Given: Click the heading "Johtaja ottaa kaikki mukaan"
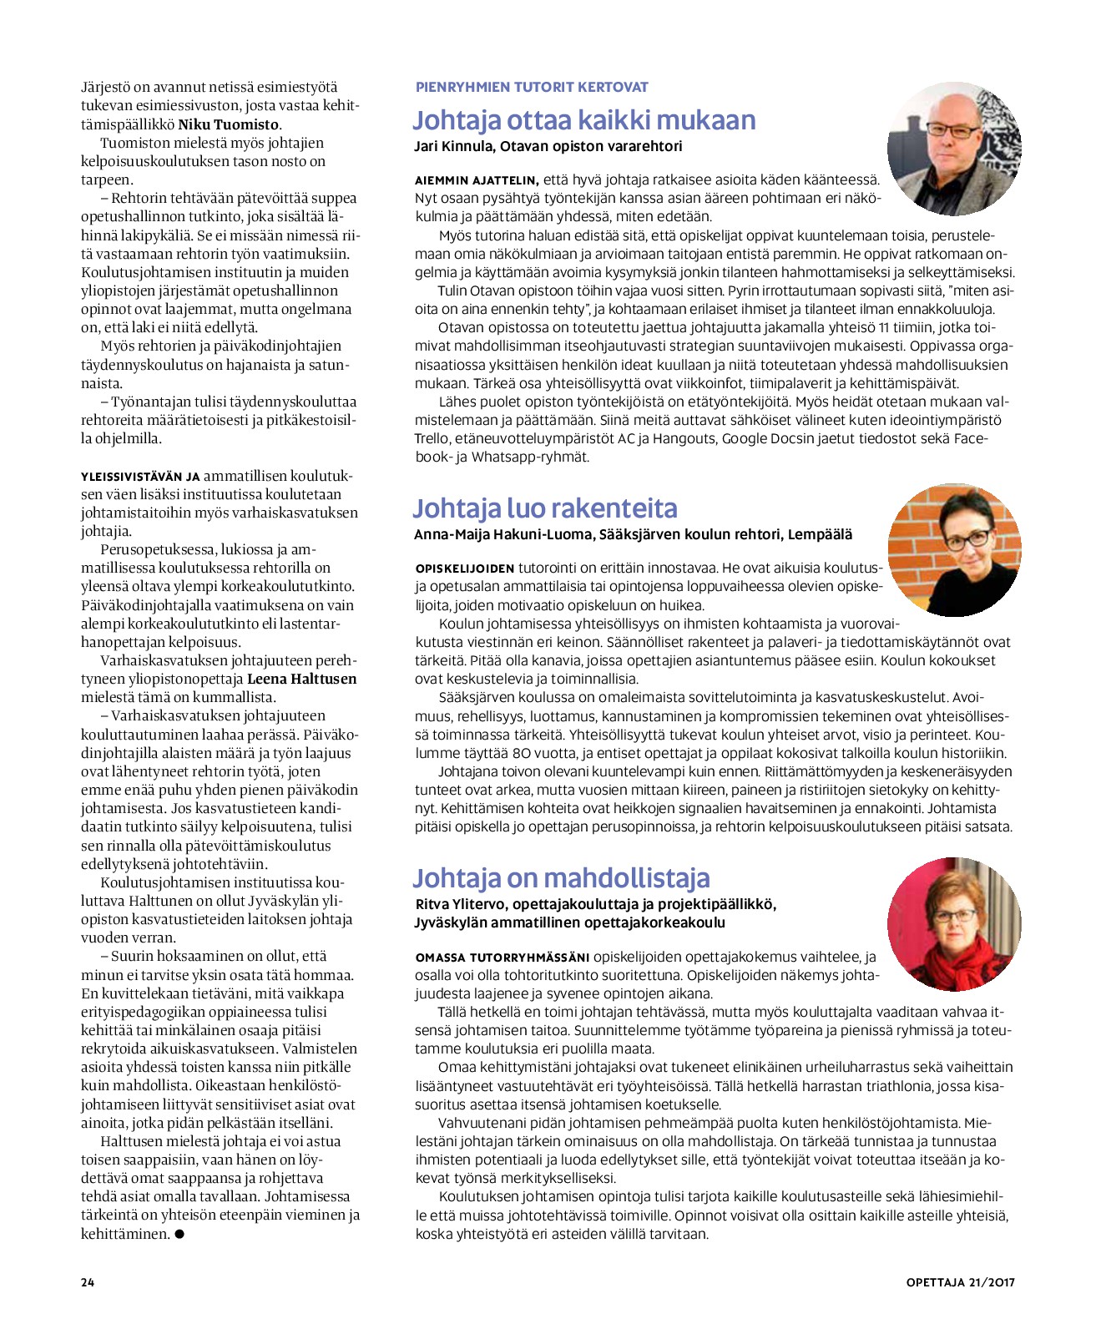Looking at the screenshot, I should pos(583,120).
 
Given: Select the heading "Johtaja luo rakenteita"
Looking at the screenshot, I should pos(544,508).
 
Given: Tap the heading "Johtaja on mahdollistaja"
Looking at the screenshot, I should pos(561,877).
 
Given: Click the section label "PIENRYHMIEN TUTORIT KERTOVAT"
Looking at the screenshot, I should pos(532,87).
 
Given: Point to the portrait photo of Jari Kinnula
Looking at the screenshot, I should pos(953,148).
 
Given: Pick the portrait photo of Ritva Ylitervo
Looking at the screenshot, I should pos(953,923).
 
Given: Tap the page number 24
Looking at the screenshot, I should pos(88,1282).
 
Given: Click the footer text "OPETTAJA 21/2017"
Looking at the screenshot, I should pos(960,1282).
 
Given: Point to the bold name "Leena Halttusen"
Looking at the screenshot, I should pos(301,679).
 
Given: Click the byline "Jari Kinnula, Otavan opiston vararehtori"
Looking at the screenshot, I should pos(548,146).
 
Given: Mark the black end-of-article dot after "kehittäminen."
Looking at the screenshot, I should pos(179,1234).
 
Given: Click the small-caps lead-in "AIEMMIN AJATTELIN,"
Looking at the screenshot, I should pos(477,180).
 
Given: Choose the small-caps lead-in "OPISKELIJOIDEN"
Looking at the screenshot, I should pos(465,568).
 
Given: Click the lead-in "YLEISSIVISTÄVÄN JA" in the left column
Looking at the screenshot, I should pos(140,477).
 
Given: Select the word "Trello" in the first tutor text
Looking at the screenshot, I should pos(432,438).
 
